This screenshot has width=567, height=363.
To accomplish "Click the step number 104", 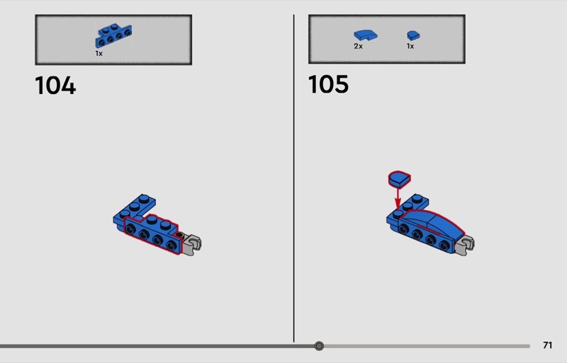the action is click(x=55, y=86).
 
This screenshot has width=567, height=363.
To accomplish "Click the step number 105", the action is click(x=328, y=84).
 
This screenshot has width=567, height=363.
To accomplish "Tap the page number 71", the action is click(x=547, y=345).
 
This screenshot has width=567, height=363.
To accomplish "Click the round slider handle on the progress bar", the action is click(x=319, y=346).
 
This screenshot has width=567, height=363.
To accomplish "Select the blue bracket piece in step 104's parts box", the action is click(x=113, y=35).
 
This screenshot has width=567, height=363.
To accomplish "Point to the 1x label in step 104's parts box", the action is click(x=99, y=54).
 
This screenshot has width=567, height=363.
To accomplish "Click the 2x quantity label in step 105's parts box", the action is click(x=358, y=46).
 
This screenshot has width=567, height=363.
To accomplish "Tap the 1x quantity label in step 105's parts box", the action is click(x=410, y=46).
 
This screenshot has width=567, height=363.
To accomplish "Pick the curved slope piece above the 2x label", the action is click(x=366, y=35).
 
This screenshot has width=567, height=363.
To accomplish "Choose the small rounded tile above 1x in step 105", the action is click(x=413, y=35).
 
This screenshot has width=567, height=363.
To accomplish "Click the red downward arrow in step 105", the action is click(x=398, y=198).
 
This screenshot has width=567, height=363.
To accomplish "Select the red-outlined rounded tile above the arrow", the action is click(x=399, y=179).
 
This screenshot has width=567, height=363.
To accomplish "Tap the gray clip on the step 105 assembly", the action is click(x=465, y=245).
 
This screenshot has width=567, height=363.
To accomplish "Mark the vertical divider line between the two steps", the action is click(x=293, y=178).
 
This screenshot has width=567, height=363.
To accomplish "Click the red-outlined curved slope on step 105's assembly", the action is click(x=432, y=223).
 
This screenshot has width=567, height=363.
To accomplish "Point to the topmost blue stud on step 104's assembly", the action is click(x=144, y=198).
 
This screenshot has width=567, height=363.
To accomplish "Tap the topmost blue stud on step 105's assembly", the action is click(x=417, y=198).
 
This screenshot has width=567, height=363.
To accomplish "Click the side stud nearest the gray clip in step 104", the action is click(x=172, y=246).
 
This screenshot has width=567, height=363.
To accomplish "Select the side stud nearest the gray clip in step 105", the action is click(x=444, y=246).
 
